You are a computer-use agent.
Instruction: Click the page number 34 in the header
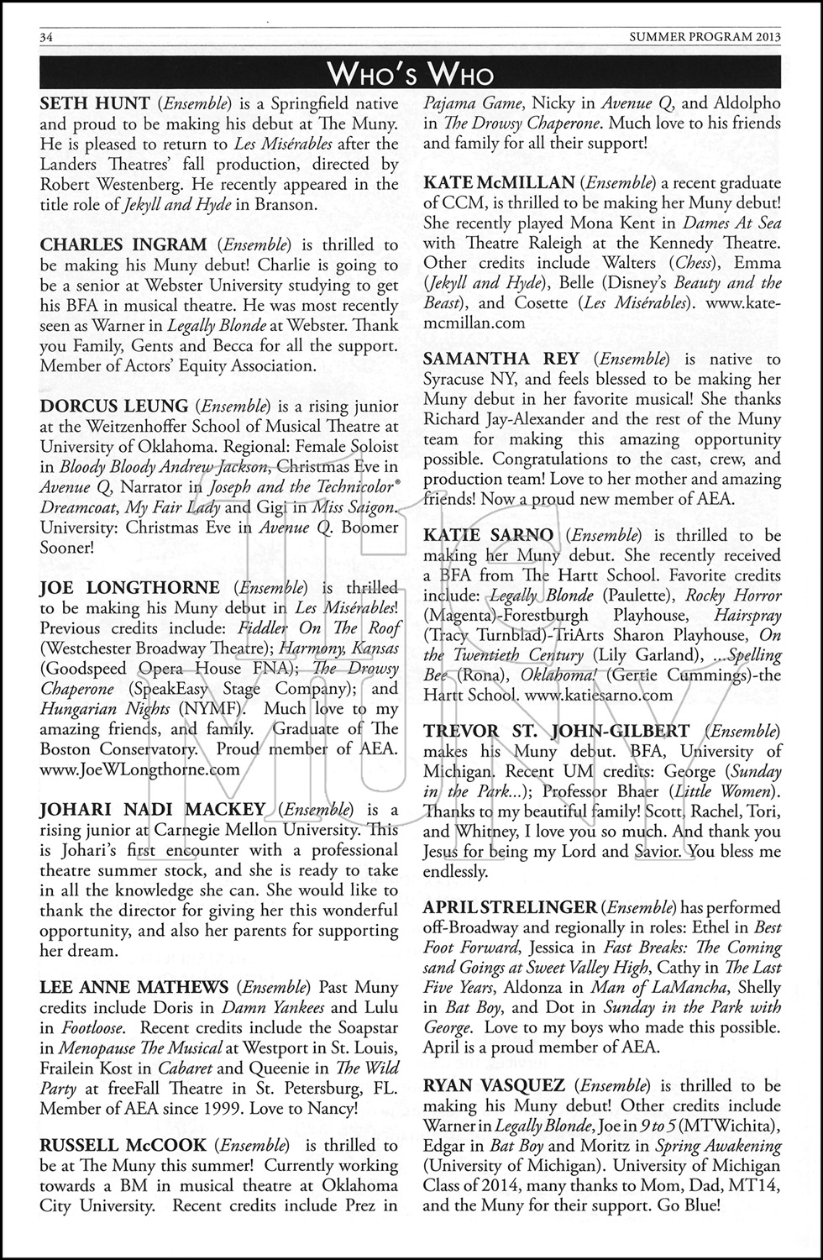click(47, 36)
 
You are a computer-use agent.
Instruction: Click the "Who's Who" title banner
click(411, 74)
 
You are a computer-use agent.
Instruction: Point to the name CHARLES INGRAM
click(123, 244)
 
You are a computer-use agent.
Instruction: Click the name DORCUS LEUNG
click(114, 406)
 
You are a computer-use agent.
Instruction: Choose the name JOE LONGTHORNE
click(130, 587)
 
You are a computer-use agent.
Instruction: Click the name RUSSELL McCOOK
click(123, 1145)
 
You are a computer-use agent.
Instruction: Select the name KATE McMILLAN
click(499, 182)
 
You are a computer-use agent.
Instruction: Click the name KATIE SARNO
click(489, 535)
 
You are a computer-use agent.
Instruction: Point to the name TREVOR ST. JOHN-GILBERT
click(557, 731)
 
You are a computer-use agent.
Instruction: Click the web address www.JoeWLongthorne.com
click(139, 769)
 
